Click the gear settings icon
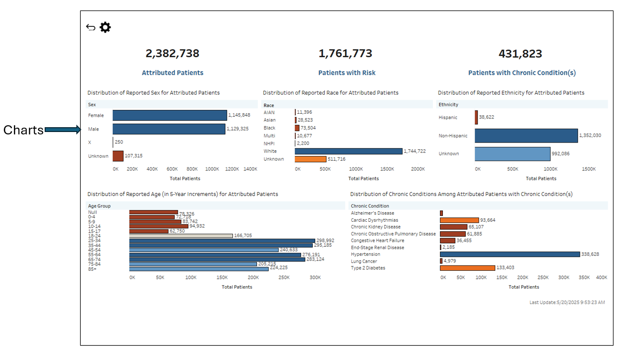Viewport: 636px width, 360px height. click(105, 27)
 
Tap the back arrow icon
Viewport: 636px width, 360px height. click(91, 27)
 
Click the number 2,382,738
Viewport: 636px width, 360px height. click(172, 53)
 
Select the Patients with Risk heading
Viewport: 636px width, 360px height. click(347, 73)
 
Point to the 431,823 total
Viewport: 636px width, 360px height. click(520, 53)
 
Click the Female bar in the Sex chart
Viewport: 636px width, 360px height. click(170, 115)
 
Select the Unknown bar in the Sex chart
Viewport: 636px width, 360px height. click(118, 156)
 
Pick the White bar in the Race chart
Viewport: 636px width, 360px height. click(349, 151)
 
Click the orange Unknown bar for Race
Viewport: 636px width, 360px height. click(310, 159)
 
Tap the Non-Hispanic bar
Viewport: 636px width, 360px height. click(526, 136)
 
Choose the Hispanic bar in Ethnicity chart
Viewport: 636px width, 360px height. click(477, 118)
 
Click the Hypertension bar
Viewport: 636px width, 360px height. click(510, 254)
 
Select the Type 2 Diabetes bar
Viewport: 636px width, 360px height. click(467, 268)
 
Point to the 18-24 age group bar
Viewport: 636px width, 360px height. click(181, 236)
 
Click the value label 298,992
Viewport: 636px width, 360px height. click(326, 240)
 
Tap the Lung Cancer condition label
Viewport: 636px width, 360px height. click(364, 261)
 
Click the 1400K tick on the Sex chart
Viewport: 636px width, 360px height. click(250, 169)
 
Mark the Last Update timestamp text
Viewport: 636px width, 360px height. click(567, 302)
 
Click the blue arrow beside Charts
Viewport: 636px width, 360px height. click(63, 129)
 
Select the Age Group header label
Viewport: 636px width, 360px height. click(99, 206)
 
